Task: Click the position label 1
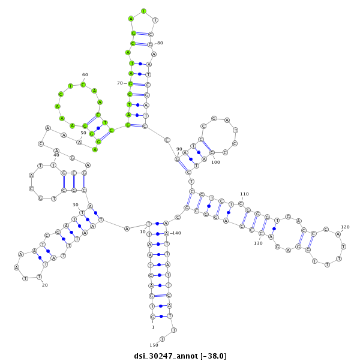click(153, 327)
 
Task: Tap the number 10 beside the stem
click(143, 231)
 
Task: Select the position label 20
click(44, 285)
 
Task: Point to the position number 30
click(76, 204)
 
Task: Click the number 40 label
click(56, 155)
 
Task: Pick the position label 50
click(83, 133)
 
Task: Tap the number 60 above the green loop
click(85, 74)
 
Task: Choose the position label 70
click(120, 83)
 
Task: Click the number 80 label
click(160, 43)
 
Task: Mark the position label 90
click(179, 149)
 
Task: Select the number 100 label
click(215, 162)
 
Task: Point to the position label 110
click(244, 194)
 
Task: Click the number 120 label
click(345, 227)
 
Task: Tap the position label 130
click(258, 243)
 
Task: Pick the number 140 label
click(176, 233)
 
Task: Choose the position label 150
click(154, 345)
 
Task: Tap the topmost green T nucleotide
click(143, 11)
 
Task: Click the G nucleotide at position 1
click(152, 316)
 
